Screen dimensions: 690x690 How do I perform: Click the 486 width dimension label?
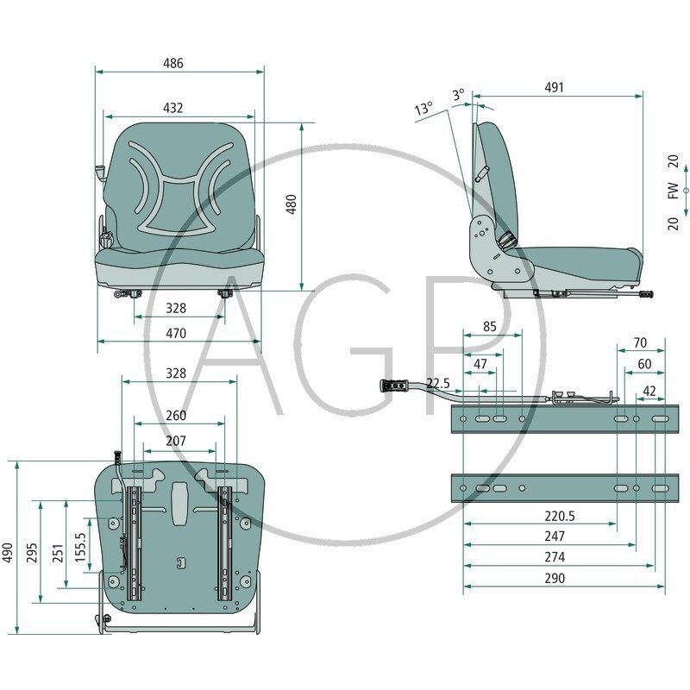tap(173, 63)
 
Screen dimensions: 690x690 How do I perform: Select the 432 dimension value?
tap(173, 109)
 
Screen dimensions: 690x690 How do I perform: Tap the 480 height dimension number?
tap(292, 204)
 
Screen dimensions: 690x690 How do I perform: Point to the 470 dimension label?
tap(176, 334)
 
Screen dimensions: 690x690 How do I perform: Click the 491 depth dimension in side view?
tap(554, 88)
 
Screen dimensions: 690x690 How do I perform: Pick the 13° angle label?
tap(423, 108)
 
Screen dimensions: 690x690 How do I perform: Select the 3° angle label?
tap(459, 94)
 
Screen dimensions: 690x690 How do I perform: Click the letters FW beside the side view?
tap(674, 191)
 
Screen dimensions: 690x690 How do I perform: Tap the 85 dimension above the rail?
tap(489, 327)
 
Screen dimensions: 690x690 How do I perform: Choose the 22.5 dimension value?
tap(438, 383)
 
